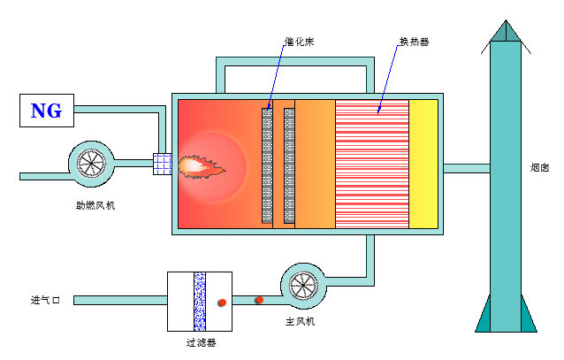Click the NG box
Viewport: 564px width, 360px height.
point(47,111)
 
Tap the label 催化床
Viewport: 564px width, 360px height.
point(300,41)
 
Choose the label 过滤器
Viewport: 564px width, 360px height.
point(201,341)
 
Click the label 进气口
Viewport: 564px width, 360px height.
point(45,301)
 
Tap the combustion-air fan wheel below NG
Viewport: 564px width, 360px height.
point(92,163)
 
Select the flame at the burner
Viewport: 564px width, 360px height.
point(200,165)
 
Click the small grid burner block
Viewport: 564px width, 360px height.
point(162,165)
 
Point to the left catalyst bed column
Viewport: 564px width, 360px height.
point(268,165)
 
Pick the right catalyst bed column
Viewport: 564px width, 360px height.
point(289,165)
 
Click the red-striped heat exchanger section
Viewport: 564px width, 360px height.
point(371,165)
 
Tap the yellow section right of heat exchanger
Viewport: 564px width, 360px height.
point(423,165)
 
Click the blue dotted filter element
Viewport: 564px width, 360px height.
point(200,301)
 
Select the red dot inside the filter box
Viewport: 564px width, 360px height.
point(222,303)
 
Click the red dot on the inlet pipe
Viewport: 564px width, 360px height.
point(259,300)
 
